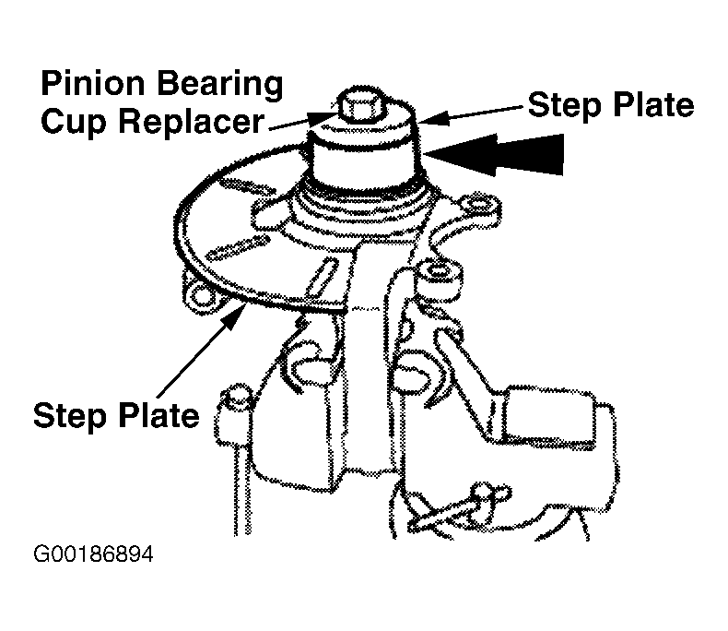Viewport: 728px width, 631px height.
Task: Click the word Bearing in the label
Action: tap(219, 86)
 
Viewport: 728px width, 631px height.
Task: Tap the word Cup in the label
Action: tap(74, 123)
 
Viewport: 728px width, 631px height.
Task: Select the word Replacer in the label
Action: tap(192, 123)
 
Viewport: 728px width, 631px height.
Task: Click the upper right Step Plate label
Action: tap(611, 105)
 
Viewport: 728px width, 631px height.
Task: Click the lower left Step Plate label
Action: tap(116, 416)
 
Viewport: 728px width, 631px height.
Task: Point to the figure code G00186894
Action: tap(93, 554)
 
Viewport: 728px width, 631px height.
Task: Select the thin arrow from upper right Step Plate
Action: tap(472, 114)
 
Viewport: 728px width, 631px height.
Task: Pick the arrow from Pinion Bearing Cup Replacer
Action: tap(301, 122)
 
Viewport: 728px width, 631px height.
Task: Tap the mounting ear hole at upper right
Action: tap(476, 206)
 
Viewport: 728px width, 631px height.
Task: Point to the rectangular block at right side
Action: tap(549, 416)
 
